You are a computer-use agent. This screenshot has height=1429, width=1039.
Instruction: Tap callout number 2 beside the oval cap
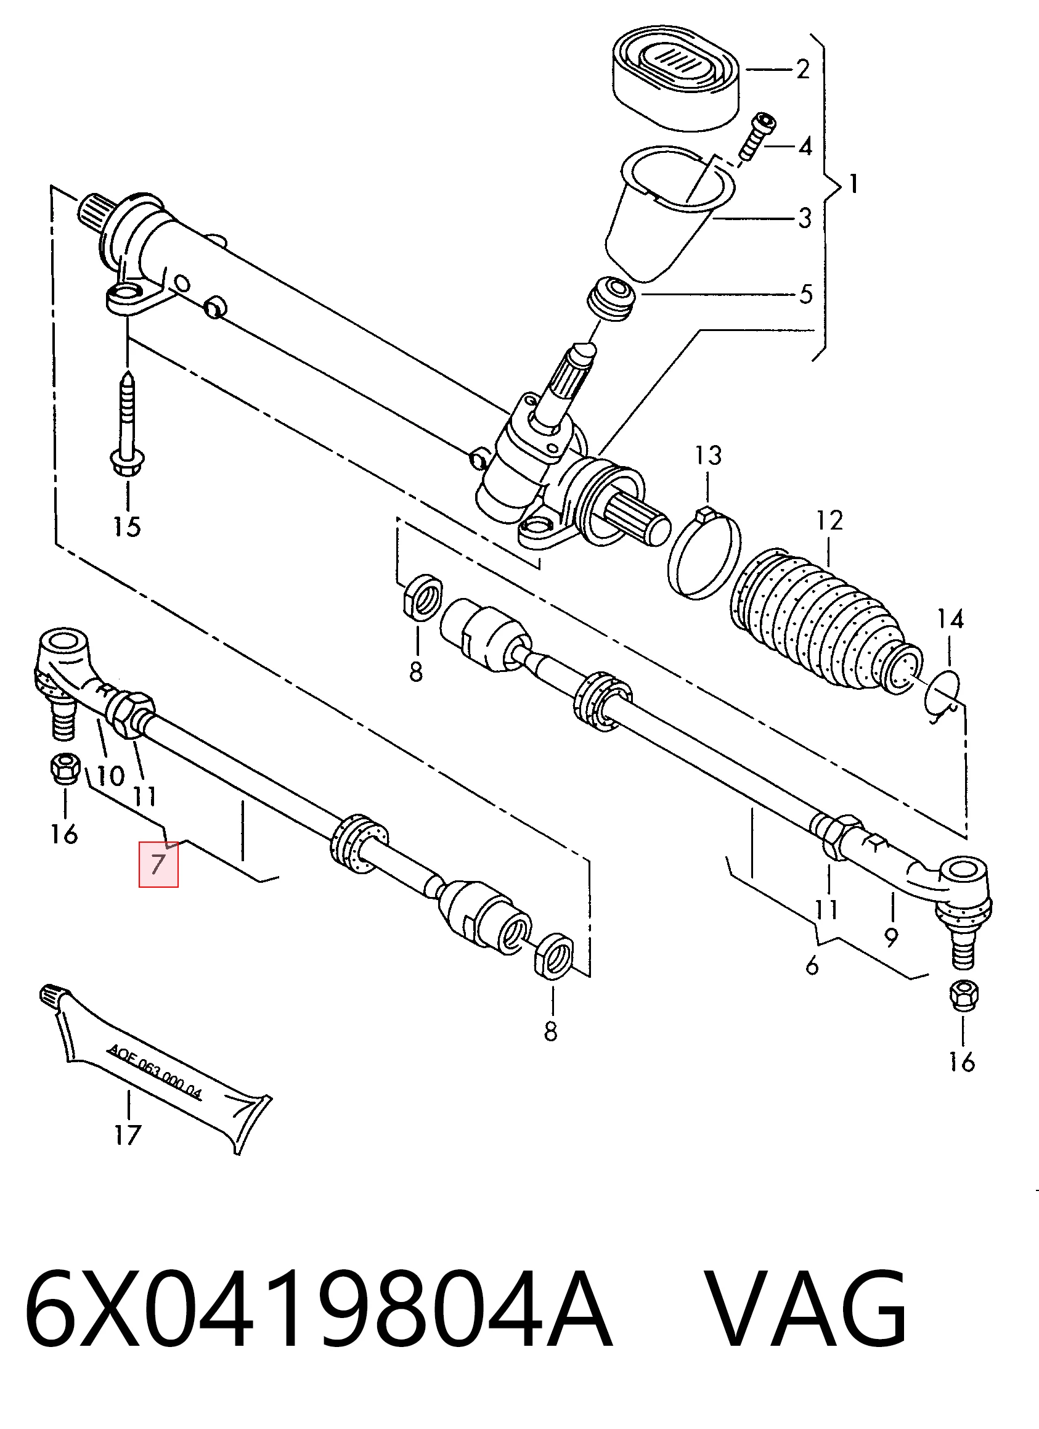(x=802, y=68)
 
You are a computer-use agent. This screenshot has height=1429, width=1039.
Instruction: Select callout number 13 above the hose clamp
(x=709, y=456)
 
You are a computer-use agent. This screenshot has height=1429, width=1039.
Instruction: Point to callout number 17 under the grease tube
(x=126, y=1136)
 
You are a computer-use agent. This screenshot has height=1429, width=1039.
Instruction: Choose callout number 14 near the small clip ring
(x=950, y=620)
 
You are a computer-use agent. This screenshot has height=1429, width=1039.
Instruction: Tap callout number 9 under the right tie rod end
(x=890, y=938)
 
